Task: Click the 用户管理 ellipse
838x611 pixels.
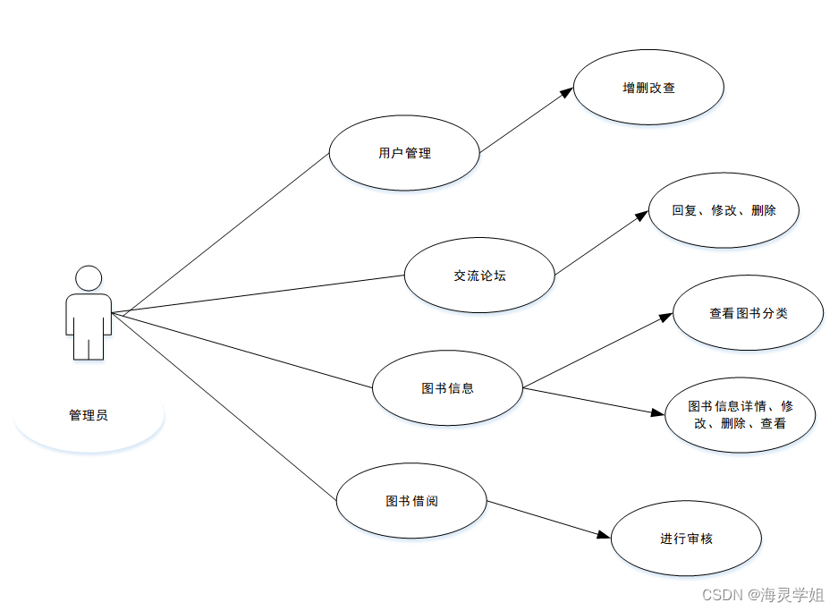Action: point(404,153)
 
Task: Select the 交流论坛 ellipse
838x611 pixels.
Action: point(479,276)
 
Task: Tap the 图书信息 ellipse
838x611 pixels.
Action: point(447,388)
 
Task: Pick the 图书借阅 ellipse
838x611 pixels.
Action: point(411,501)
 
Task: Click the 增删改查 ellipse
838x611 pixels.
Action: point(648,89)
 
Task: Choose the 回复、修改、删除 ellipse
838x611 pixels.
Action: point(724,211)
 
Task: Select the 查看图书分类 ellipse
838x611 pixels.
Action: point(748,313)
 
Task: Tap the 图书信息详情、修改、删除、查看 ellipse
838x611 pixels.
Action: point(740,414)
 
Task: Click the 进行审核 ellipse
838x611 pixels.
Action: point(686,539)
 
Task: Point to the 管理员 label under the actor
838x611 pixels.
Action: point(89,415)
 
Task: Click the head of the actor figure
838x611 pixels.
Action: point(89,278)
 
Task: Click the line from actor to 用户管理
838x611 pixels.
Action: point(224,233)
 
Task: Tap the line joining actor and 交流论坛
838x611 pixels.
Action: point(259,294)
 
